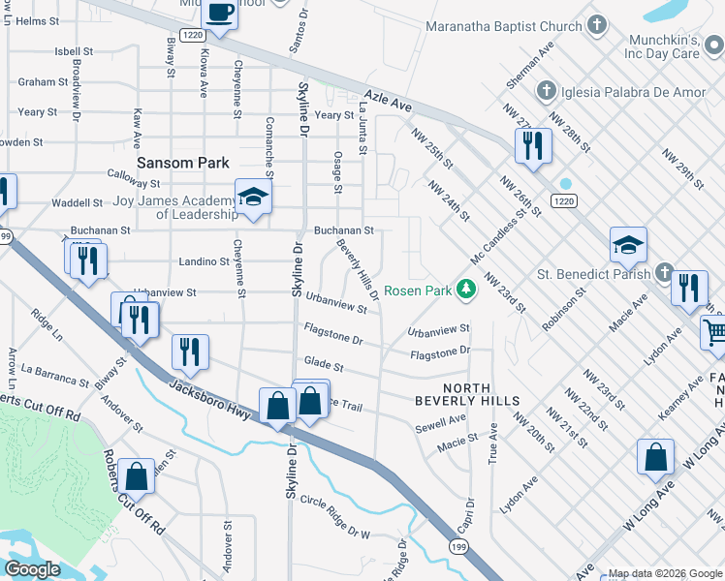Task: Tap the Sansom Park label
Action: click(x=182, y=163)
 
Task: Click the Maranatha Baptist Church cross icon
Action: click(x=599, y=24)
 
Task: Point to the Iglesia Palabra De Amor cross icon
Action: click(x=546, y=92)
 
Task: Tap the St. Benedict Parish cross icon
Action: click(x=663, y=273)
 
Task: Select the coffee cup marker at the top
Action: click(x=220, y=14)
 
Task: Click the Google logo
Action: click(x=32, y=569)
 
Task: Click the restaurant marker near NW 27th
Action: click(x=531, y=144)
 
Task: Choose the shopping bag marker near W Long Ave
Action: click(x=655, y=456)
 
